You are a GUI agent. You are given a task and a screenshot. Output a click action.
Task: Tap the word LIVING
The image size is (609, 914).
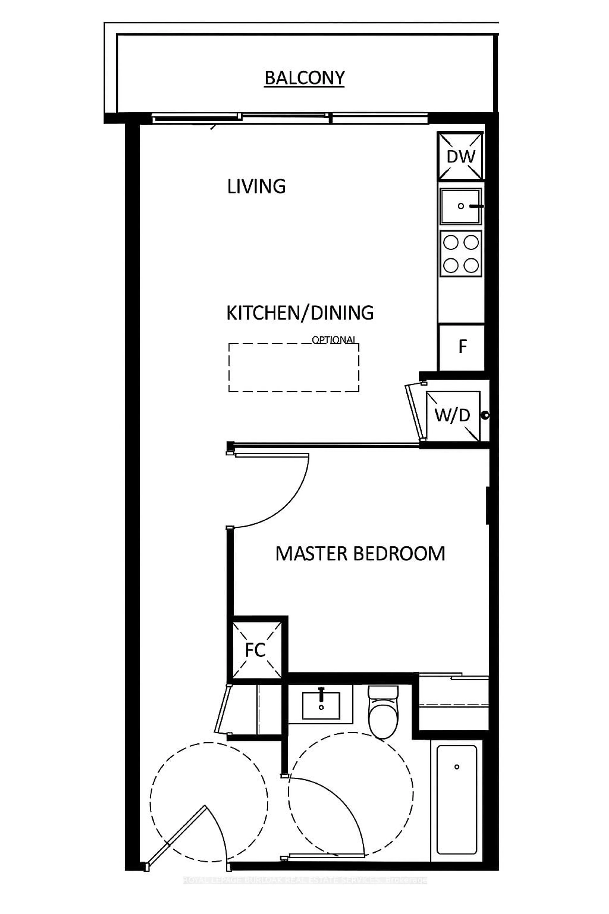coord(256,187)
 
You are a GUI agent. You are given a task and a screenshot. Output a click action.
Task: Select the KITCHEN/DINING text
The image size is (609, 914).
coord(300,313)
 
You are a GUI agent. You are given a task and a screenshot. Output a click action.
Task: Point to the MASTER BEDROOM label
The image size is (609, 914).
coord(360,554)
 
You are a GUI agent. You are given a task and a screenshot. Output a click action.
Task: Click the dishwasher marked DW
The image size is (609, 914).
coord(461,156)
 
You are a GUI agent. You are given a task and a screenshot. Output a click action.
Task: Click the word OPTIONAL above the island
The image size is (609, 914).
coord(334,340)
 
